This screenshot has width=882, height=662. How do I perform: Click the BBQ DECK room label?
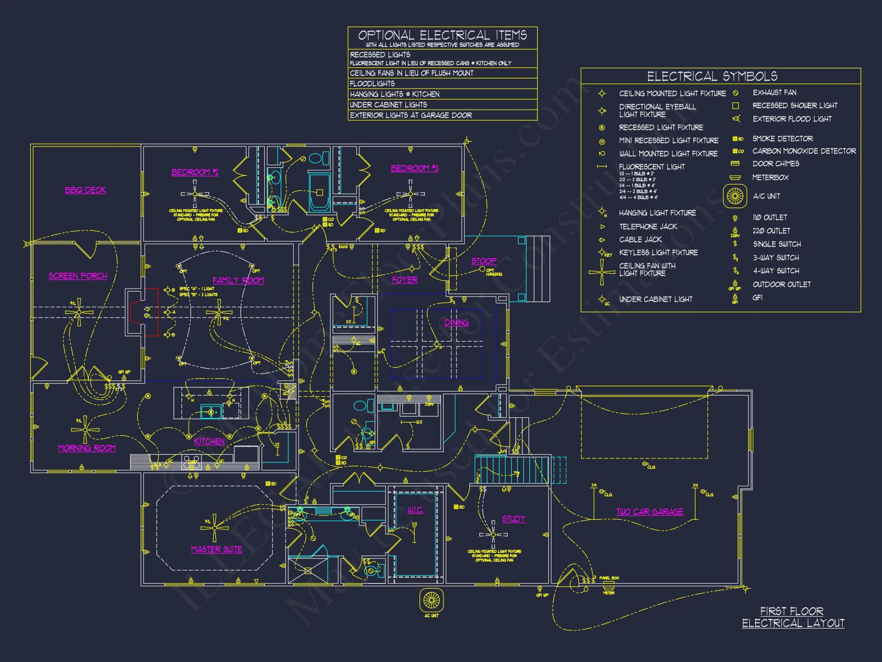pos(85,190)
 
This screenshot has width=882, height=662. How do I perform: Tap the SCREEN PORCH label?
pos(78,276)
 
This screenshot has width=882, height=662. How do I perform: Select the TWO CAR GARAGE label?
pos(650,511)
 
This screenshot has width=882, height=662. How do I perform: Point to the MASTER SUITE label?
pos(217,549)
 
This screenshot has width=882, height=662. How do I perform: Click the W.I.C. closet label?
pos(415,510)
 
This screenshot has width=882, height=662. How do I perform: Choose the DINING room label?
pos(456,323)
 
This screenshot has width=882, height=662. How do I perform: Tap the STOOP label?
pos(483,261)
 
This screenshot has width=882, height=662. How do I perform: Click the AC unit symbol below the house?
pos(431,600)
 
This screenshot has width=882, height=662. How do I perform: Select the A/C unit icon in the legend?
pos(735,196)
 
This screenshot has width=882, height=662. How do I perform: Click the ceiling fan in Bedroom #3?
pos(410,194)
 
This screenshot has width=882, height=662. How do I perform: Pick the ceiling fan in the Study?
pos(493,535)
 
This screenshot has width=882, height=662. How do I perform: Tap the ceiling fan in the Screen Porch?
pos(79,312)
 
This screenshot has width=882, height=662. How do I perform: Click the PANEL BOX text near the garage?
pos(609,578)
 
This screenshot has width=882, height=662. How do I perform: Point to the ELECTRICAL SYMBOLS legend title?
pos(712,76)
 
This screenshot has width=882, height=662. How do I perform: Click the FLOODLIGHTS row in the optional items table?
pos(372,84)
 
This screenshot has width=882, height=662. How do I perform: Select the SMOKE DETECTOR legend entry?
pos(782,138)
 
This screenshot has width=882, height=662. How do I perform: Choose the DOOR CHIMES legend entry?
pos(776,164)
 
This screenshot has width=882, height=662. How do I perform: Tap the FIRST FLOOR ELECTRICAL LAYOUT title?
pos(793,617)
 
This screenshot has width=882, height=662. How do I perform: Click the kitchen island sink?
pos(211,411)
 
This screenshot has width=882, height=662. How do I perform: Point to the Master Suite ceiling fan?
pos(214,528)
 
